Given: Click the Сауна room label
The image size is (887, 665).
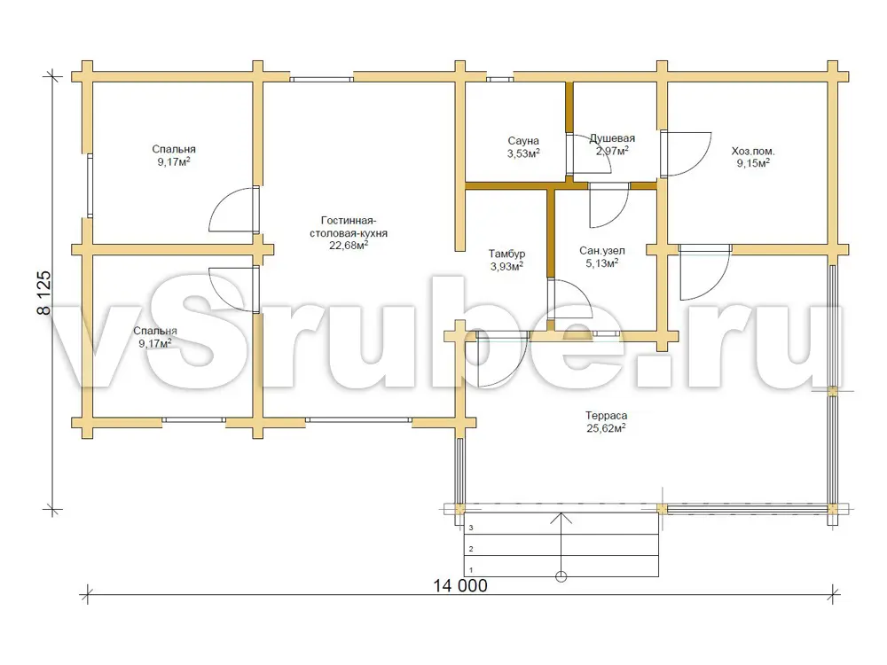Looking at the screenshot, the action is [x=523, y=141].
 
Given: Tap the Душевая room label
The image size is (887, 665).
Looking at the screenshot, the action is [x=612, y=138].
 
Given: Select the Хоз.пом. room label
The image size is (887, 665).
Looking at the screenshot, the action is [x=753, y=152].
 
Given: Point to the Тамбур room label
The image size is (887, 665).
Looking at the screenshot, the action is [x=506, y=254].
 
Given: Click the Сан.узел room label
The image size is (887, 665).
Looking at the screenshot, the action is [x=602, y=251].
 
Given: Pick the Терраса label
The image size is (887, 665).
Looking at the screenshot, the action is [x=606, y=416].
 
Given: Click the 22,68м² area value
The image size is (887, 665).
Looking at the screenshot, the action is [x=349, y=245].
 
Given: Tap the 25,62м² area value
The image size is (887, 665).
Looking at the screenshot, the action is [x=606, y=428].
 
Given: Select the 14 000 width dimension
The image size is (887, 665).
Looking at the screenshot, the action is [x=459, y=585].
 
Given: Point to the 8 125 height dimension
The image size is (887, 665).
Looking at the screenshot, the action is [x=44, y=293].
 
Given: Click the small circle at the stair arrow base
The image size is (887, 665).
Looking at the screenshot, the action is [x=561, y=577].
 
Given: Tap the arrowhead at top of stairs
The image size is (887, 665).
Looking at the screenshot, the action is [x=561, y=515].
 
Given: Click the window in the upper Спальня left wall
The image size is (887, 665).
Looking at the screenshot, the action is [x=90, y=185].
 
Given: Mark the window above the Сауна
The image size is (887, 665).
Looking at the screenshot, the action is [x=500, y=79].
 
